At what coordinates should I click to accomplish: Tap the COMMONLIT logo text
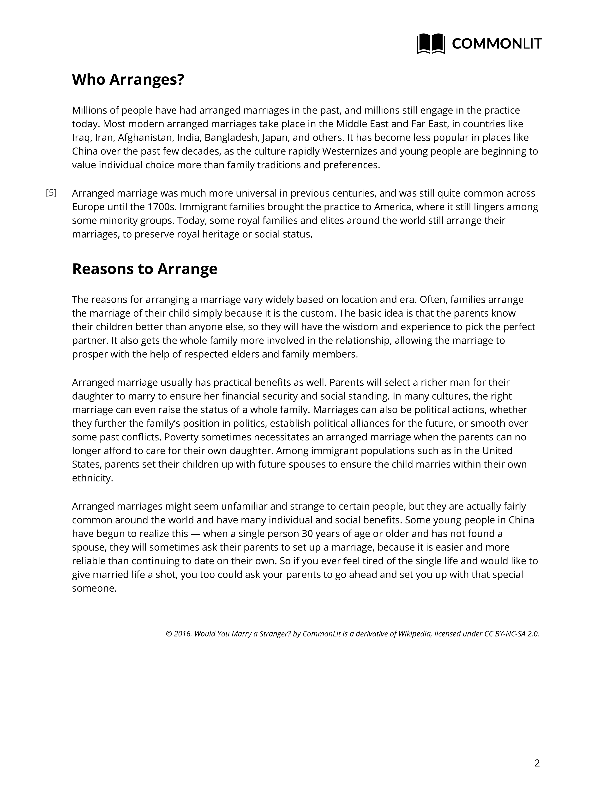click(x=497, y=44)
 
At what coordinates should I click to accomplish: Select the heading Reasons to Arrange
click(x=145, y=269)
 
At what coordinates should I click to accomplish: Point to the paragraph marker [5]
click(x=51, y=193)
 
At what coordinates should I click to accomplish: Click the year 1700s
click(x=162, y=207)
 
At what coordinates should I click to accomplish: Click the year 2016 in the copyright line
click(x=183, y=634)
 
